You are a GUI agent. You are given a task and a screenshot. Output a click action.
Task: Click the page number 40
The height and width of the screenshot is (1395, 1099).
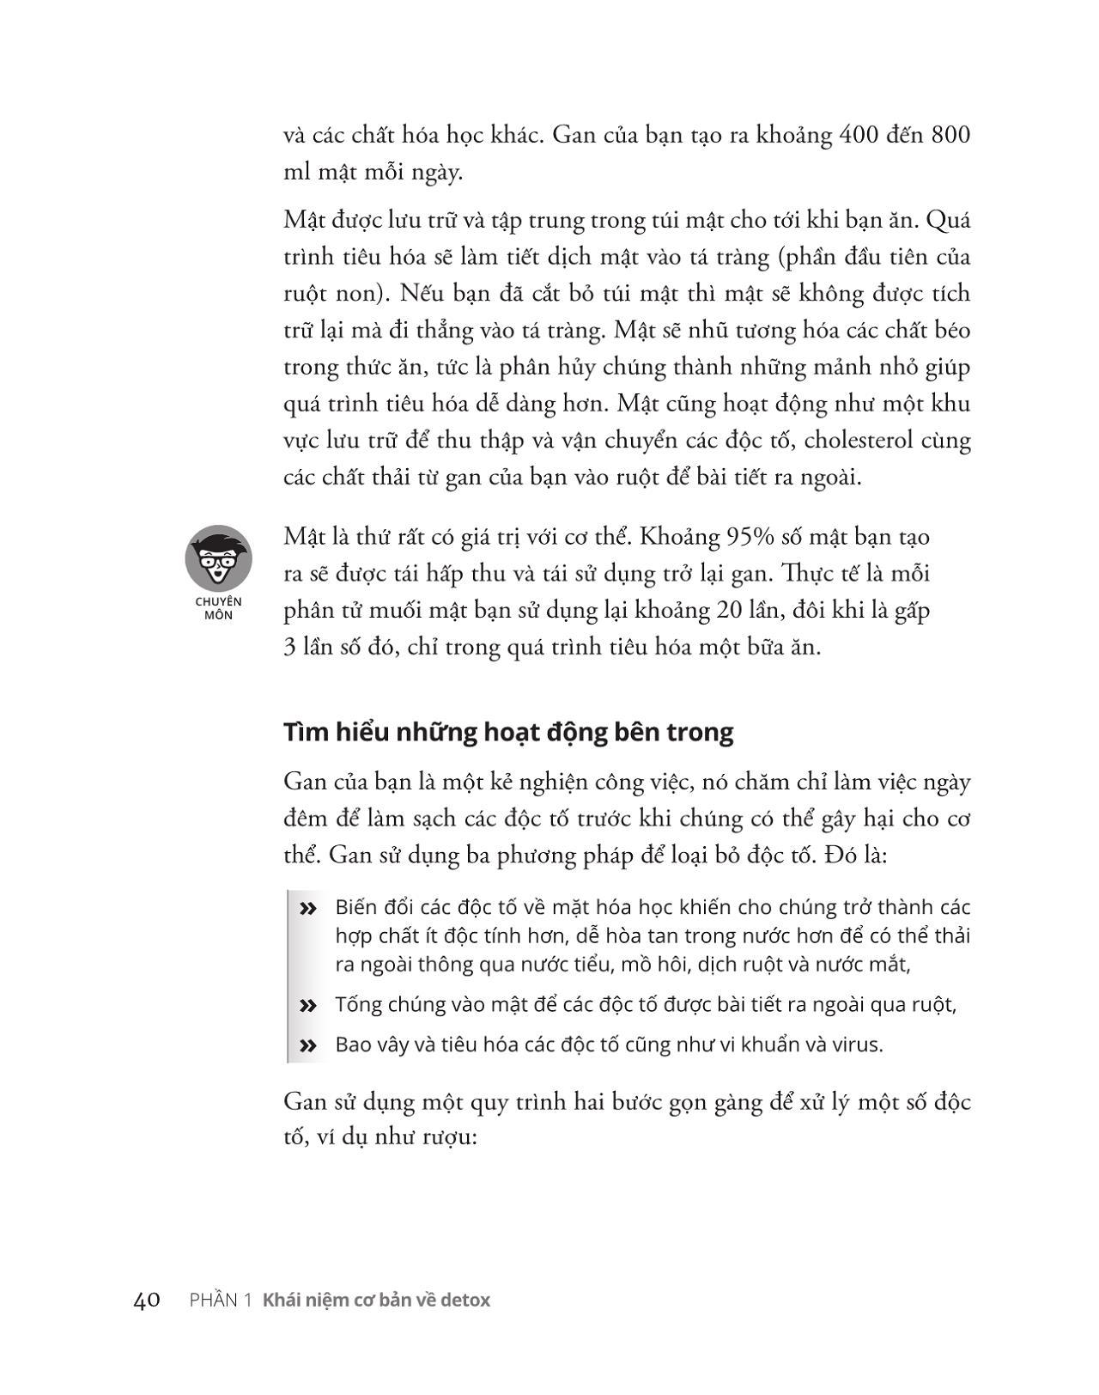[147, 1300]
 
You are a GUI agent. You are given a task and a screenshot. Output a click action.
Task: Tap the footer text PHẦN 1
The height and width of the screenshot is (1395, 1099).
[220, 1300]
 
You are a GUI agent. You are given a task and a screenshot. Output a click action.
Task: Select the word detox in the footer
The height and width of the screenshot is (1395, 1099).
[465, 1300]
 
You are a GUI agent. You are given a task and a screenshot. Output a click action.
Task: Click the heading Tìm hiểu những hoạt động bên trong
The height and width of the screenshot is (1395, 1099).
[508, 732]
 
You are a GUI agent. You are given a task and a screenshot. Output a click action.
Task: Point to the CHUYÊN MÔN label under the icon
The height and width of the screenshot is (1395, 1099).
[218, 608]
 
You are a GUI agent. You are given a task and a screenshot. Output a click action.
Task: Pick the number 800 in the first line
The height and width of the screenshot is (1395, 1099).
[950, 136]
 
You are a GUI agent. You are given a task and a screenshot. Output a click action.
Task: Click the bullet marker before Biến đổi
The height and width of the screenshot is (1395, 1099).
[307, 909]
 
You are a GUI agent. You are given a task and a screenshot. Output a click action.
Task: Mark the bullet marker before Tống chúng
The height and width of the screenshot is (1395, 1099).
[307, 1006]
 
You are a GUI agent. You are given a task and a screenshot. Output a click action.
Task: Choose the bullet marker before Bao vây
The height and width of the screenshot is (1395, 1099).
[307, 1046]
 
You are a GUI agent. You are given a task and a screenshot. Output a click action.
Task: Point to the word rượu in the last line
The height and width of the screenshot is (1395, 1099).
[446, 1138]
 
